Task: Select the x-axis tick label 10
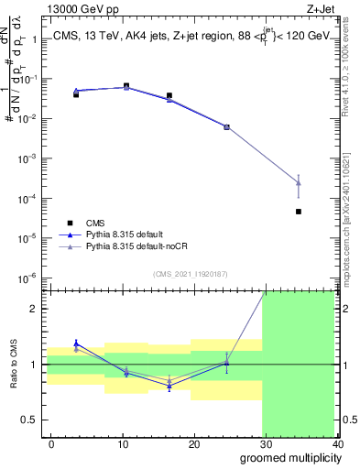click(123, 443)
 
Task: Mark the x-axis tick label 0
click(51, 443)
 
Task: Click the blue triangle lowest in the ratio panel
click(169, 387)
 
